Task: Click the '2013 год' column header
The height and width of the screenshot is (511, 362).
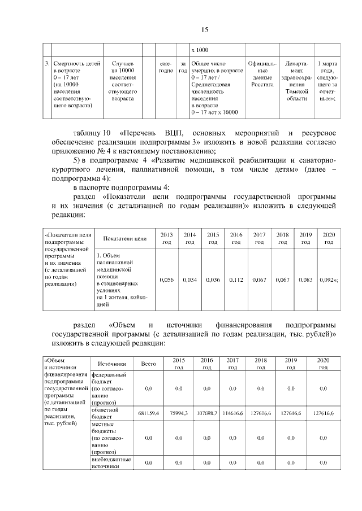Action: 167,238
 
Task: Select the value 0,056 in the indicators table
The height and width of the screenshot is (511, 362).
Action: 167,279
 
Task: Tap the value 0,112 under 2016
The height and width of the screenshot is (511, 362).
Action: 236,279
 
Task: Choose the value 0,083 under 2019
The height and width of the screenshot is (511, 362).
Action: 305,279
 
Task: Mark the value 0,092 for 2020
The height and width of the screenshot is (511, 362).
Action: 329,279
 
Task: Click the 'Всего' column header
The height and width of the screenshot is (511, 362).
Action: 148,364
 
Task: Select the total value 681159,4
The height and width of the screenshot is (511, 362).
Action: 148,413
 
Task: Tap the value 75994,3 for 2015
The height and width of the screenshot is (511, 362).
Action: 179,413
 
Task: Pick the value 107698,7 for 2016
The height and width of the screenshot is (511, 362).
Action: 206,413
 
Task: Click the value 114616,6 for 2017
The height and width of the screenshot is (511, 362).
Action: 232,413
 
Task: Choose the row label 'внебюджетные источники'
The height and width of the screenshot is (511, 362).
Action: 109,464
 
